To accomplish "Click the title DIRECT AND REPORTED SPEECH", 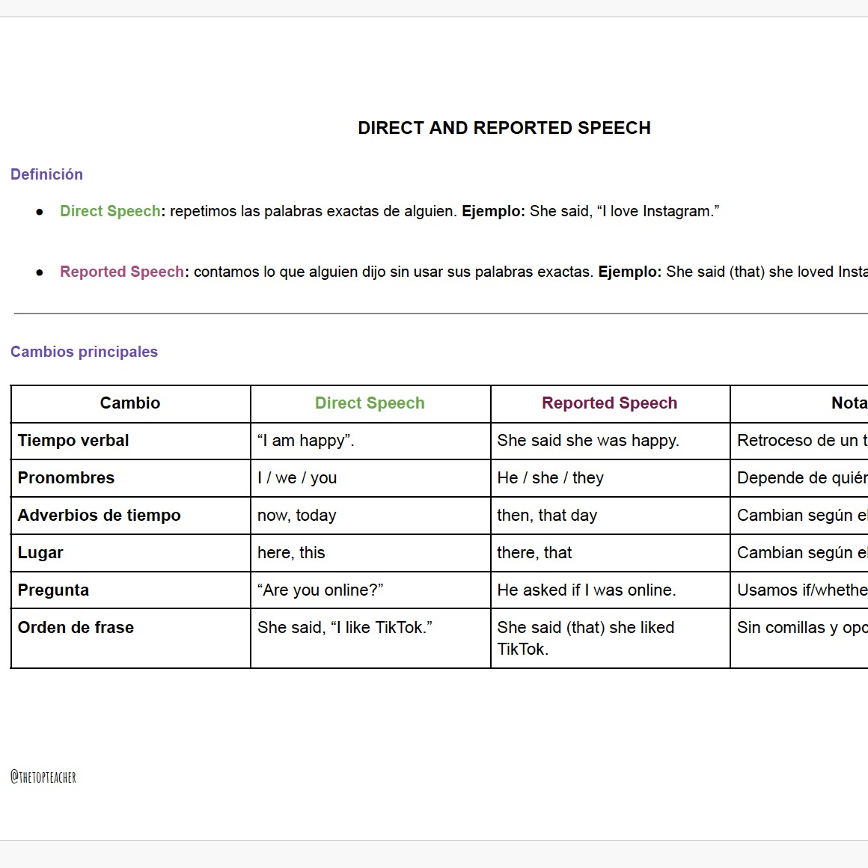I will coord(504,128).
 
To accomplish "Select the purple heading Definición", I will coord(46,174).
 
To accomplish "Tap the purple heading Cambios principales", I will coord(84,352).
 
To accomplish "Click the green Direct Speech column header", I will coord(370,403).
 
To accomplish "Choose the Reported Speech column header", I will coord(609,403).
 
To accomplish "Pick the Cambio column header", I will coord(130,403).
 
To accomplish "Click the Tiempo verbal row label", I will coord(73,441).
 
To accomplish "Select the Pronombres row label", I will coord(66,478).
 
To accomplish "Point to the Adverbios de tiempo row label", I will coord(100,516).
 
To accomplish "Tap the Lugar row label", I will coord(40,553).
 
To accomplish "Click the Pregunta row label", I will coord(53,590).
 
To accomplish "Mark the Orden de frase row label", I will coord(76,628).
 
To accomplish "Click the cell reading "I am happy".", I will coord(305,441).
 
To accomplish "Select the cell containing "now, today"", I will coord(297,516).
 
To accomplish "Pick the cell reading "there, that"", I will coord(534,553).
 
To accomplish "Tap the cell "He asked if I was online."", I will coord(587,590).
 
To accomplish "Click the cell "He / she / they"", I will coord(550,478).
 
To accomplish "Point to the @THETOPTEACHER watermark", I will coord(43,777).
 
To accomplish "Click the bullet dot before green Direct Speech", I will coord(40,213).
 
